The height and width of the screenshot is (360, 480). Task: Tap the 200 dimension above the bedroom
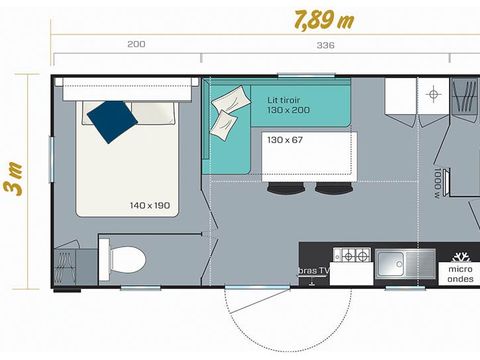point(137,45)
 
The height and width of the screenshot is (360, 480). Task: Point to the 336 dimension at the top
point(325,45)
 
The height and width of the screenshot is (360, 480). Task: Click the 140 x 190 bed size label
point(151,205)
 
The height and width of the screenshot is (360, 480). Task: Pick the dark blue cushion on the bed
point(112,122)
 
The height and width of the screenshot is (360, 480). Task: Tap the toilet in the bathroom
point(125,260)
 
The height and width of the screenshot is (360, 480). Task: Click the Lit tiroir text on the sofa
point(286,100)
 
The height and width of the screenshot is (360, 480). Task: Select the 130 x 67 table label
point(285,140)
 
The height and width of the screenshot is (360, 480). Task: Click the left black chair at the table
point(301,186)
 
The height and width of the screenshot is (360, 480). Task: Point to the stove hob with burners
point(352,257)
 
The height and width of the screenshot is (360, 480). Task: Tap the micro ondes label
point(461,275)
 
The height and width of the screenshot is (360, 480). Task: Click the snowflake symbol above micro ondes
point(461,256)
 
